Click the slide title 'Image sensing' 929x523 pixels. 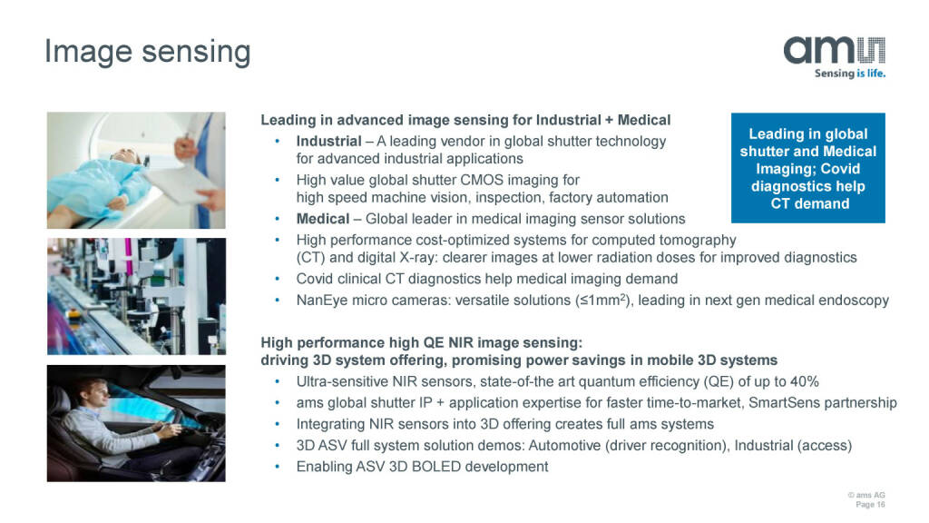click(148, 52)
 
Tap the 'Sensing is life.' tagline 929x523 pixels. click(849, 74)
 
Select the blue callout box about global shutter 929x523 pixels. click(808, 168)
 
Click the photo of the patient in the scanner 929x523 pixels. click(136, 170)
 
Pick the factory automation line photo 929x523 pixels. click(136, 297)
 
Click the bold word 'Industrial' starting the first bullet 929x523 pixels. click(328, 141)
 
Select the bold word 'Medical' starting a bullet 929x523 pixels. click(323, 219)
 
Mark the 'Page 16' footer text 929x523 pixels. click(870, 505)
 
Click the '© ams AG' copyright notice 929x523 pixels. click(866, 495)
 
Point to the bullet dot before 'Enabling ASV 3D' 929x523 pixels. click(277, 467)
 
